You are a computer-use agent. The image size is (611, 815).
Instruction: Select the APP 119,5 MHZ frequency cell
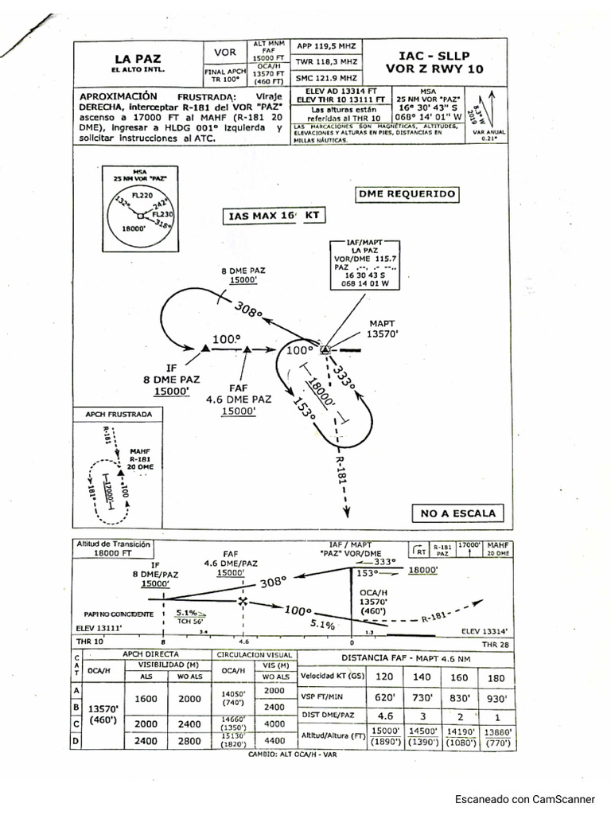tap(326, 46)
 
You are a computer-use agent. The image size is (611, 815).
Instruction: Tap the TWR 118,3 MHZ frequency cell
tap(326, 61)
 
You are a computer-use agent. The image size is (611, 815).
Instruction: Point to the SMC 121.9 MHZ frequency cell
tap(326, 78)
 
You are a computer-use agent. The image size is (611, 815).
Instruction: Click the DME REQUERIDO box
tap(407, 193)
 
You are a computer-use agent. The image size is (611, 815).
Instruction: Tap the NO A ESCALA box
tap(457, 513)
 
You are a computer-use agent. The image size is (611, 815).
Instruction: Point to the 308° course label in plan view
tap(248, 310)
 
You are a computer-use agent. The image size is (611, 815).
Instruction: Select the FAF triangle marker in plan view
tap(247, 349)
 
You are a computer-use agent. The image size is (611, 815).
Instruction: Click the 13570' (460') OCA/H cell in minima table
tap(105, 714)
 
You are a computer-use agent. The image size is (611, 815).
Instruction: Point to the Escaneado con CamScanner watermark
tap(524, 798)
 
